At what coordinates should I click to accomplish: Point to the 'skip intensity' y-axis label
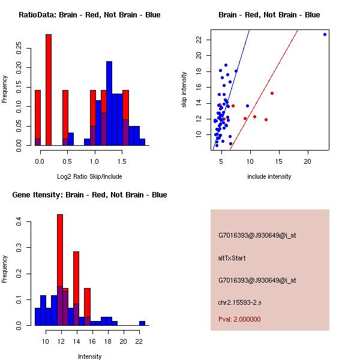click(x=184, y=90)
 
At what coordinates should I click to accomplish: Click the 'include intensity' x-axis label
click(x=269, y=176)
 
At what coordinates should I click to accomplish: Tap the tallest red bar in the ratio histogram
click(x=49, y=90)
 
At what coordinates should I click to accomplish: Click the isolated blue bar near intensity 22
click(x=142, y=323)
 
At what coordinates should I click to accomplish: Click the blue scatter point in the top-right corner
click(x=325, y=34)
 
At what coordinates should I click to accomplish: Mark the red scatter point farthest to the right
click(x=272, y=93)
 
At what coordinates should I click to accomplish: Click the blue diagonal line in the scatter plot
click(x=240, y=57)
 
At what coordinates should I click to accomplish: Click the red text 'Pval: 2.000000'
click(x=239, y=319)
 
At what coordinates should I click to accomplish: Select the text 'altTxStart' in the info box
click(x=232, y=258)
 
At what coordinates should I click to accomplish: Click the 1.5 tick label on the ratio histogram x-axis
click(x=122, y=161)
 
